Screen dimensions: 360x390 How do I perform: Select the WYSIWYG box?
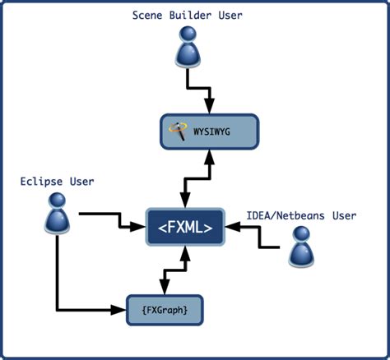(210, 131)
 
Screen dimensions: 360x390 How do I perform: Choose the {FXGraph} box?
(164, 310)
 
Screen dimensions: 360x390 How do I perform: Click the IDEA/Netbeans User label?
(301, 215)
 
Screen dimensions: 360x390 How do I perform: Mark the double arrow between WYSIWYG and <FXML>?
(197, 178)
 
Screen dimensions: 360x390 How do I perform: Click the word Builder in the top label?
(191, 14)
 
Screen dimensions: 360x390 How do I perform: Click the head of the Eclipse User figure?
(58, 200)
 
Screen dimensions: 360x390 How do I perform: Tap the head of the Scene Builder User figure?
(188, 34)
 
